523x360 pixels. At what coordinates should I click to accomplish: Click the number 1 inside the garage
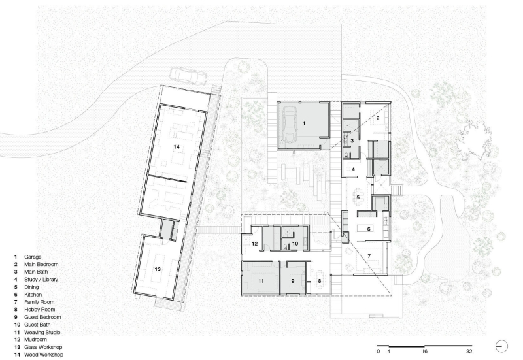[303, 123]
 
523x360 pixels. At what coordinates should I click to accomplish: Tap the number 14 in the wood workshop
[176, 148]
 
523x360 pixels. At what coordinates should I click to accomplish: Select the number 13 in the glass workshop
[157, 269]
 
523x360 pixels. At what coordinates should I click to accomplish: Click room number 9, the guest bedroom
[293, 280]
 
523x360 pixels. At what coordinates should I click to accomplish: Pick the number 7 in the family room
[369, 255]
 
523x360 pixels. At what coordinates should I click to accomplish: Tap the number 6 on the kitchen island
[369, 229]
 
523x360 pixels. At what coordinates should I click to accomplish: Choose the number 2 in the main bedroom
[377, 118]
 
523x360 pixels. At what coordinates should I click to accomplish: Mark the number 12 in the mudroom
[256, 244]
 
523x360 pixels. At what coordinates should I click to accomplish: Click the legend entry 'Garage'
[32, 257]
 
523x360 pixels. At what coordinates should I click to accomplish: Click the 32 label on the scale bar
[469, 351]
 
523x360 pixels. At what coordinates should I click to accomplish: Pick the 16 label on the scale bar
[424, 351]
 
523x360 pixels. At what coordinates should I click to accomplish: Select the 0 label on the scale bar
[379, 351]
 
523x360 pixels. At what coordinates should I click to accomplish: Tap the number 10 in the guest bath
[295, 244]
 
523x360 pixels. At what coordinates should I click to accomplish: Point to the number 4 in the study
[352, 169]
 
